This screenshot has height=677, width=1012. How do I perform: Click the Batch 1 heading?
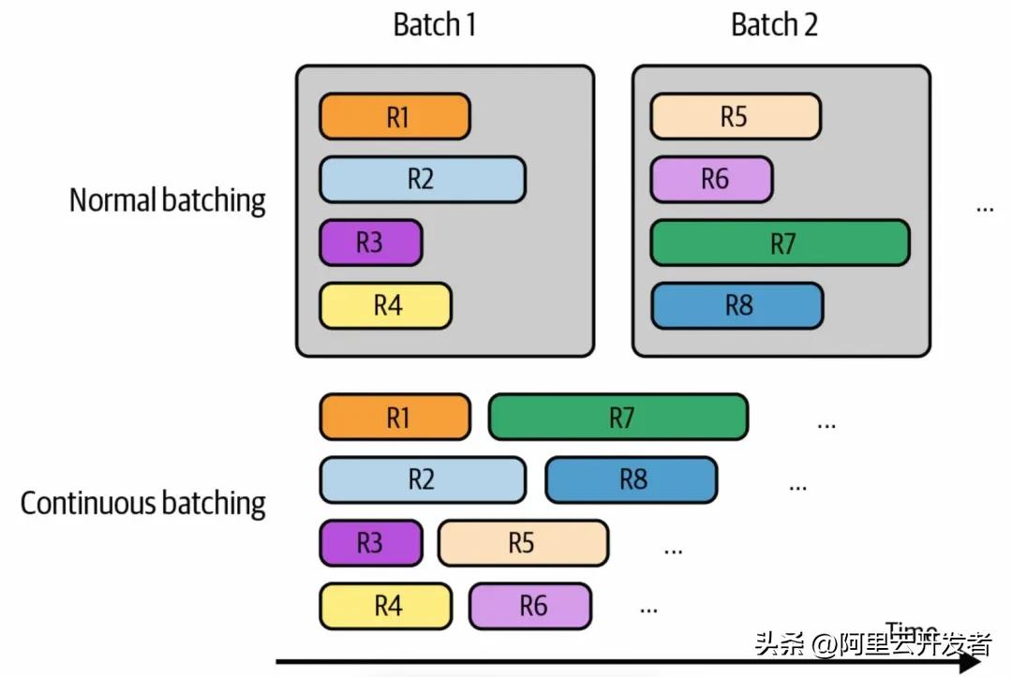tap(435, 25)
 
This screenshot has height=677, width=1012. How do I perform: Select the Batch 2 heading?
tap(774, 25)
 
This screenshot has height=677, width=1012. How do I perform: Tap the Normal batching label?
tap(168, 199)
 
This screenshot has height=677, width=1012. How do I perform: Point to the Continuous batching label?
tap(143, 503)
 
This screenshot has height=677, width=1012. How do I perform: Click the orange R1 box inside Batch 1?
tap(394, 117)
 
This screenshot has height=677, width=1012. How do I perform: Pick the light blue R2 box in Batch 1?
tap(422, 180)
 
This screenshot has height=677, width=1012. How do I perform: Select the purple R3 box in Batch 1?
tap(370, 243)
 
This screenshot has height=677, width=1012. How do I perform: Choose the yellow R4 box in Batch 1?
tap(385, 305)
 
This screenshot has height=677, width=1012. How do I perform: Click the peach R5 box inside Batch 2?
tap(736, 117)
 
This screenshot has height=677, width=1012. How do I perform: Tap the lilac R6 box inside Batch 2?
tap(711, 180)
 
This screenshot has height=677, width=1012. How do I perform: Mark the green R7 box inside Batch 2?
tap(780, 243)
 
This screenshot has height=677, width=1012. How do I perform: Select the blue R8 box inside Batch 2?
tap(737, 305)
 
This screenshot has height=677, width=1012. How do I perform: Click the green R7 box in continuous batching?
tap(618, 418)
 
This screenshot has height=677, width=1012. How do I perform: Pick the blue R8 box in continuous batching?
tap(631, 480)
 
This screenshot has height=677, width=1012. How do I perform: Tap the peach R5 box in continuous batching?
tap(523, 543)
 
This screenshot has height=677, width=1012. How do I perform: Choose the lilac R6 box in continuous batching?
tap(530, 606)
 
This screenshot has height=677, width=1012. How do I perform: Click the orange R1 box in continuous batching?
tap(394, 418)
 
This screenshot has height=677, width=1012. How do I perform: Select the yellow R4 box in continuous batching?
tap(385, 606)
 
